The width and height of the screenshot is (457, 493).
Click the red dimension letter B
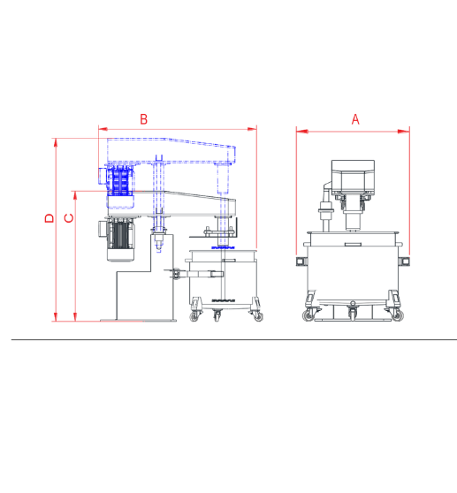143,119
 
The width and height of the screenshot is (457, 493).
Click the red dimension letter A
355,119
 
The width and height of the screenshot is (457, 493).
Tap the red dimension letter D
50,218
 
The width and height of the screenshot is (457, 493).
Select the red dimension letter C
69,218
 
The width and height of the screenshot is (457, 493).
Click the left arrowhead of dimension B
103,129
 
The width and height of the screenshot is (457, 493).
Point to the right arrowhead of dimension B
252,129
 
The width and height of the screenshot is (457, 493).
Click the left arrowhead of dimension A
302,131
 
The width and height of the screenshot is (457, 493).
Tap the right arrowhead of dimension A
404,131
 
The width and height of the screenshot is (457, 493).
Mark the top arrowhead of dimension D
56,143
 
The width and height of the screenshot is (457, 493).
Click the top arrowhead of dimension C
75,195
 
